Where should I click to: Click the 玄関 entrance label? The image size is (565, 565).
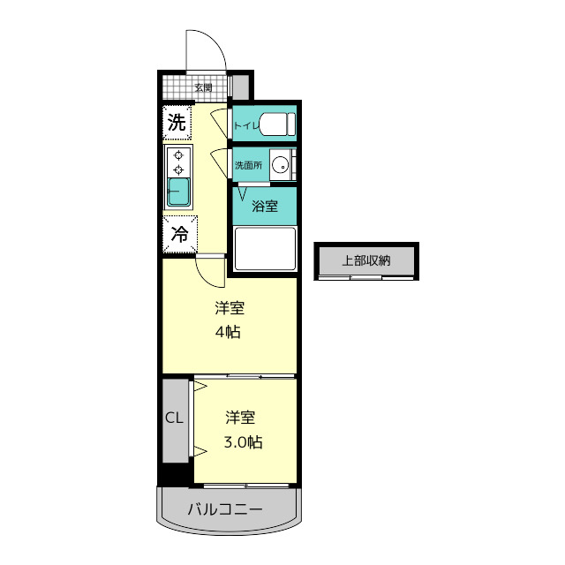point(203,87)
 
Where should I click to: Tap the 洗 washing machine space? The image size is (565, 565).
point(177,123)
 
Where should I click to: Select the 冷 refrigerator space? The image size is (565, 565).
point(180,234)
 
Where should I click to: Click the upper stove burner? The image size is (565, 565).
point(178,155)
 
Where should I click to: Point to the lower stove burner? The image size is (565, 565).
point(178,169)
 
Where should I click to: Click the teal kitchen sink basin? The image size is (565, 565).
point(178,192)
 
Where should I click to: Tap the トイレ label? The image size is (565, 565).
point(246,125)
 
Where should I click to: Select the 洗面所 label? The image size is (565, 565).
point(248,165)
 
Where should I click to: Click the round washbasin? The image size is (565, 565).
point(281,166)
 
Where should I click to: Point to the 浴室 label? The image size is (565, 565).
point(265,206)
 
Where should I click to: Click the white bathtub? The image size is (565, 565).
point(265,249)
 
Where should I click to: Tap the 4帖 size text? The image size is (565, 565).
point(228,332)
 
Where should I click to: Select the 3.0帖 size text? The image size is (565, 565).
point(244,441)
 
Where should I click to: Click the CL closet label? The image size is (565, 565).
point(175,418)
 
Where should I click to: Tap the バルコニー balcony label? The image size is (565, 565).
point(225,509)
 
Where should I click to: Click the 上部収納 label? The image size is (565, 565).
point(366,260)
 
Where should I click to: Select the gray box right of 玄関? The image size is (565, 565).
point(240,87)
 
